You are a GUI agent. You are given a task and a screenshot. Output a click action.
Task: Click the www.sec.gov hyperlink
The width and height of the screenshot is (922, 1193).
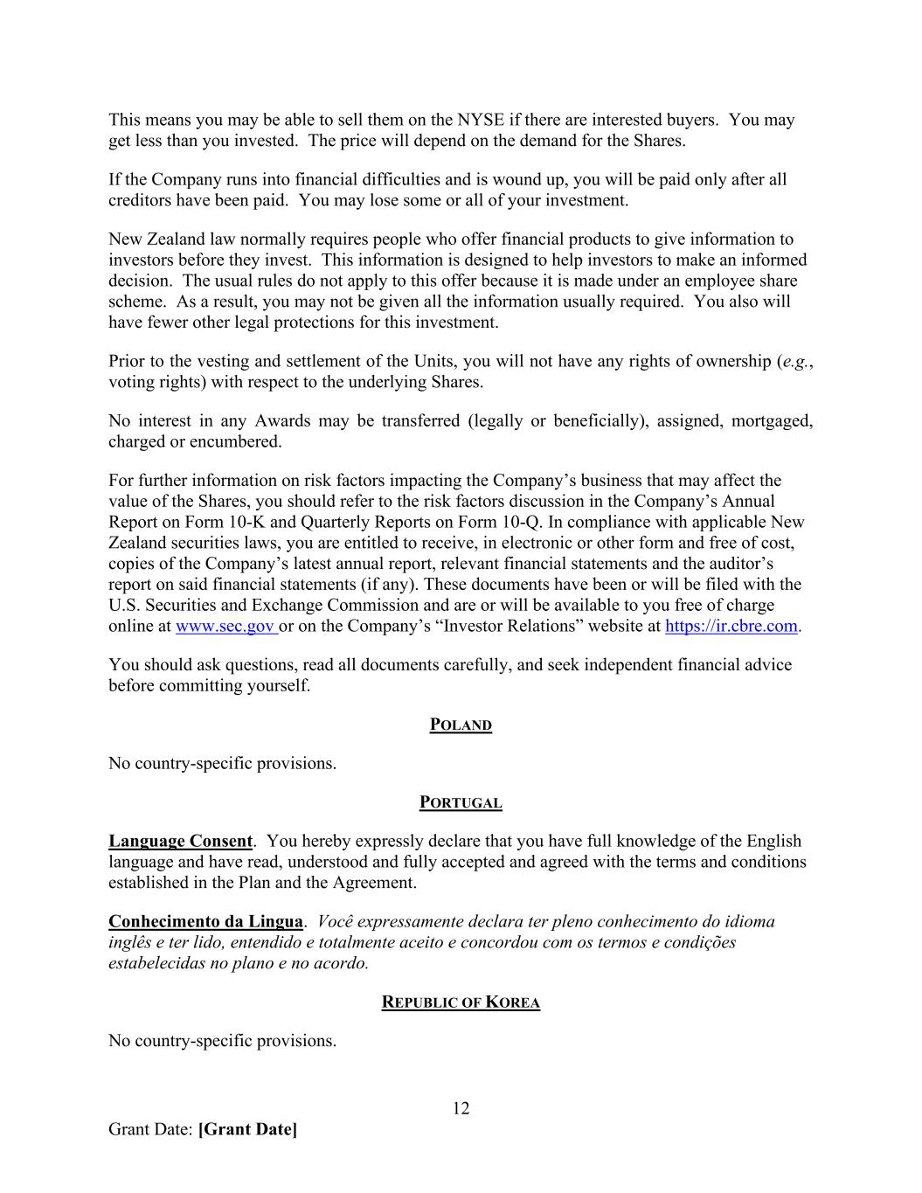coord(225,626)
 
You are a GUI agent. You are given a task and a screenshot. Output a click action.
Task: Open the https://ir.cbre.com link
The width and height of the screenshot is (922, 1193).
coord(731,626)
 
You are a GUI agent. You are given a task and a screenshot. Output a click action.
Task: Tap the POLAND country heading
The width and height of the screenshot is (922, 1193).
coord(461,725)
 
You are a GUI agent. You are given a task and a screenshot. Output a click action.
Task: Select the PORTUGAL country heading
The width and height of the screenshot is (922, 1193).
coord(461,803)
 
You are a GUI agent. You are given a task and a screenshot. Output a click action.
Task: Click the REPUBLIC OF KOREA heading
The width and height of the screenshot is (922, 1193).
coord(461,1002)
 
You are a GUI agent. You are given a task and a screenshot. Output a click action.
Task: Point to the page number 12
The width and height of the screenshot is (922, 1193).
coord(461,1108)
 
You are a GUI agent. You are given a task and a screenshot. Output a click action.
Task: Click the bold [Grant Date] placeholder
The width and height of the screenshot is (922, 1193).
coord(247,1129)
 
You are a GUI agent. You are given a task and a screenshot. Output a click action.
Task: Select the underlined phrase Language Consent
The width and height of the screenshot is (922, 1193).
coord(180,841)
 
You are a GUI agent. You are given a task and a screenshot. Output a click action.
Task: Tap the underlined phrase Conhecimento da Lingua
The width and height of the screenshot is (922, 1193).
coord(205,921)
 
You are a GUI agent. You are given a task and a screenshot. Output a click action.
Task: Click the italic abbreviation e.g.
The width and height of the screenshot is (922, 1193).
coord(794,361)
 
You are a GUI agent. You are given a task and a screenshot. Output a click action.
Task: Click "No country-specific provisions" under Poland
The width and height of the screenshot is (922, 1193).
coord(222,763)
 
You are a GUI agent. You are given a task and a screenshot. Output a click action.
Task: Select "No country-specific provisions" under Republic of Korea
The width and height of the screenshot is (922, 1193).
coord(222,1041)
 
